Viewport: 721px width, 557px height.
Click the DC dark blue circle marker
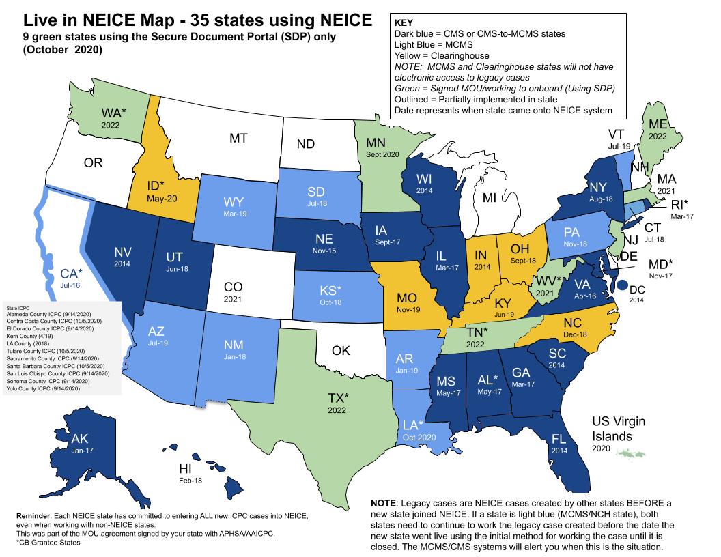[x=623, y=284]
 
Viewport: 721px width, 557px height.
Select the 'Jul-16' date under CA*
[x=66, y=285]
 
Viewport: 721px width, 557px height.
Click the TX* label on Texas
[x=337, y=399]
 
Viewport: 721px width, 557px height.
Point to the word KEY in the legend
[x=404, y=22]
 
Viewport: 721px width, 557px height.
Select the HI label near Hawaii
[x=185, y=469]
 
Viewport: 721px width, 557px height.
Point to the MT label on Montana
[x=238, y=138]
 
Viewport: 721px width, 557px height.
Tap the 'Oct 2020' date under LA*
[x=418, y=438]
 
